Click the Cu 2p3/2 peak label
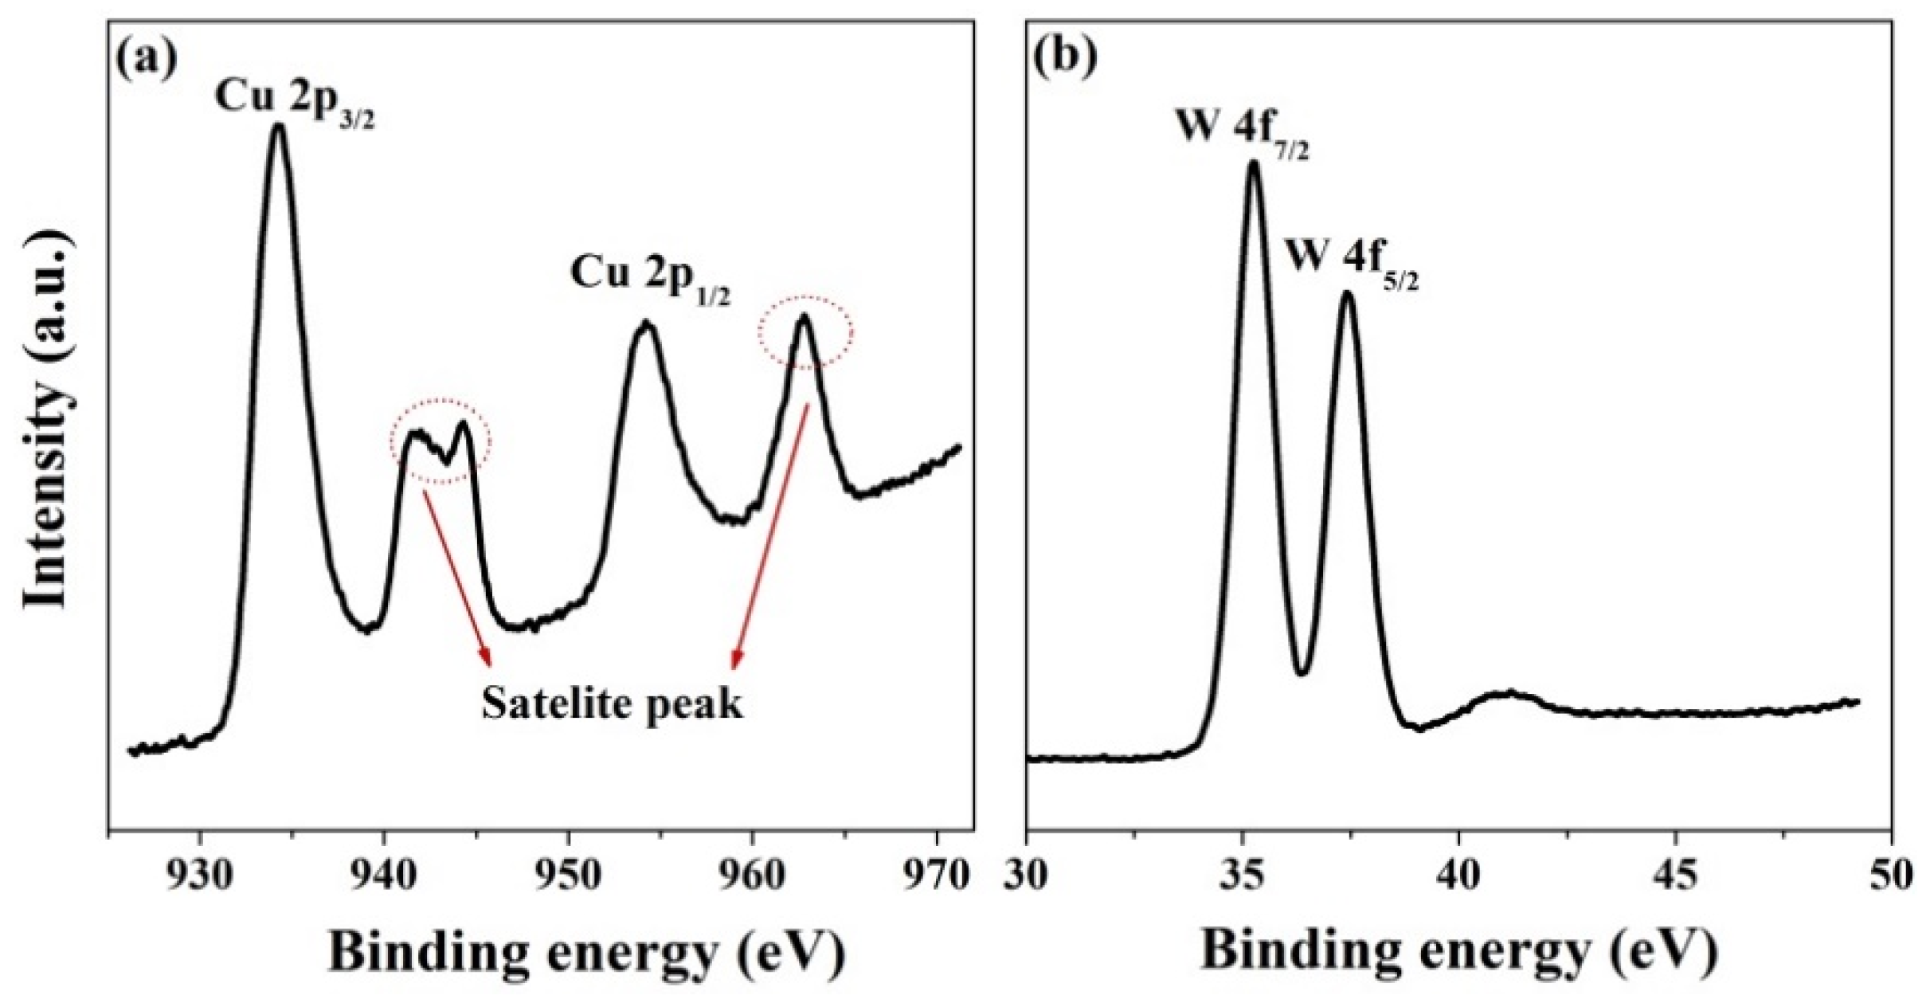[x=294, y=102]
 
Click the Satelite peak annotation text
[x=612, y=704]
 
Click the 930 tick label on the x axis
[x=201, y=876]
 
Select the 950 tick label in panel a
[x=568, y=876]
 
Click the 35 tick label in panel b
[x=1242, y=876]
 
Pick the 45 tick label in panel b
[x=1675, y=876]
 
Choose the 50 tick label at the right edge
[x=1889, y=876]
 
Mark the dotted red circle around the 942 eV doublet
[x=440, y=440]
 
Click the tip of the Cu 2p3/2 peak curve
[x=278, y=125]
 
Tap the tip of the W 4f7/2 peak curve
[x=1253, y=163]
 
